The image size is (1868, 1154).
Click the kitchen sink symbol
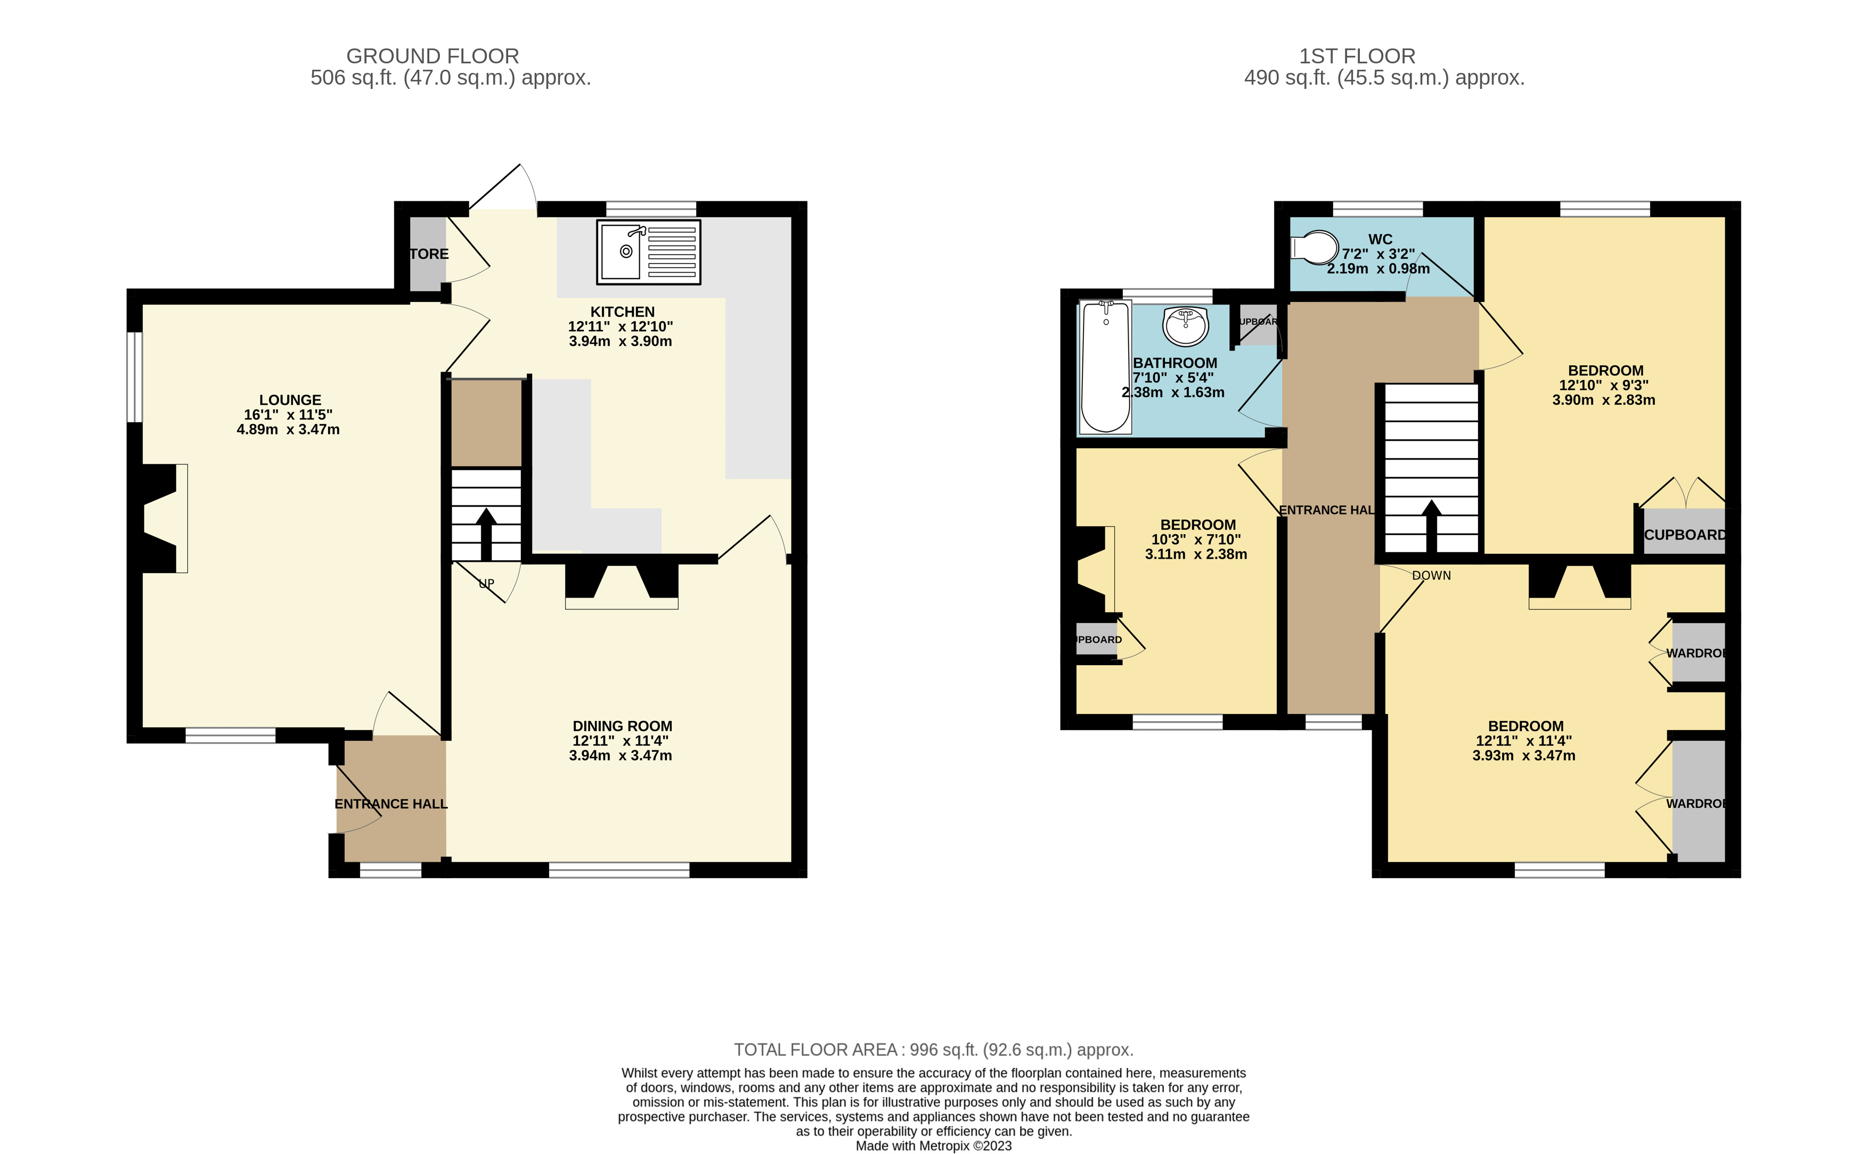648,252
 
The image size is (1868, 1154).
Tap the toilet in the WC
1315,247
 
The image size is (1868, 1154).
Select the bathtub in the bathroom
1105,366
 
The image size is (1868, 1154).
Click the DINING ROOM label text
622,726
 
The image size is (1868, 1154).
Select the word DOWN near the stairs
1431,576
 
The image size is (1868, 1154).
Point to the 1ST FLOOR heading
1357,56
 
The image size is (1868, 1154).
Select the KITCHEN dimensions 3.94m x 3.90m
620,341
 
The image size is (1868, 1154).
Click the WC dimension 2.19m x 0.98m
1378,268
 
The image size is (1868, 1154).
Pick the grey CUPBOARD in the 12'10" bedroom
1683,532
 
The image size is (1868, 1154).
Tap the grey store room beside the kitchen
428,254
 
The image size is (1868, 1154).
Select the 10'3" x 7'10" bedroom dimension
1195,539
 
